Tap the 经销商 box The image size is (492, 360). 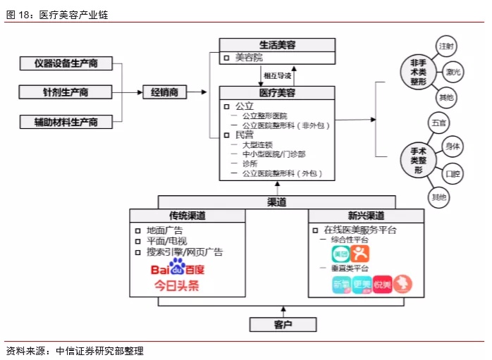pos(164,92)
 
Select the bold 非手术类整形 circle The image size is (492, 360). pos(418,73)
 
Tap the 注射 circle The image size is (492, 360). pos(447,46)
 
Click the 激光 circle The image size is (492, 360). pos(454,73)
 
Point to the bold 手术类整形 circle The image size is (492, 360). pos(418,160)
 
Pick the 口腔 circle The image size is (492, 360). pos(454,173)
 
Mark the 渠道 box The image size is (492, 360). pos(276,202)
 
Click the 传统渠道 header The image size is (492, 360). pos(187,216)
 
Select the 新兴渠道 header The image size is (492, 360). pos(365,216)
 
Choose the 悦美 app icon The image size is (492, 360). pos(383,284)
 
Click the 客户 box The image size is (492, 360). pos(282,324)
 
